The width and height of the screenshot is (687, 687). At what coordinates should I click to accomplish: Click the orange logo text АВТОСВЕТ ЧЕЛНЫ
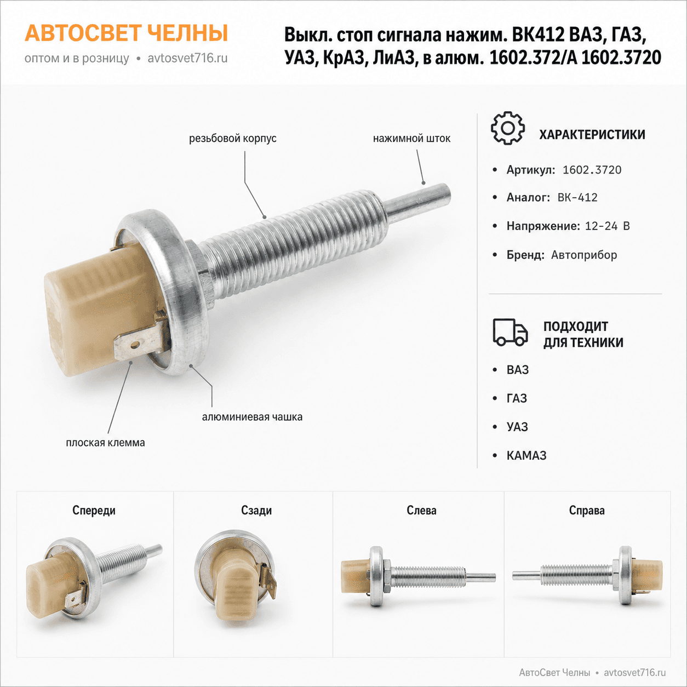tap(126, 33)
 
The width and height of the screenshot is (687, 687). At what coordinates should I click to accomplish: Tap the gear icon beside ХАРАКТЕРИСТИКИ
tap(508, 128)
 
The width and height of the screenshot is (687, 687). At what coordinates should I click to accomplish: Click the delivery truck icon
tap(510, 333)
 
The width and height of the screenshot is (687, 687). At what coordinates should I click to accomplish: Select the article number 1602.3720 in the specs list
tap(592, 170)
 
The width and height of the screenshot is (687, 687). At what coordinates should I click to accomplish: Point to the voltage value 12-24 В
tap(608, 226)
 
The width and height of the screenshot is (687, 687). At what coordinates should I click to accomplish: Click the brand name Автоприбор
tap(584, 255)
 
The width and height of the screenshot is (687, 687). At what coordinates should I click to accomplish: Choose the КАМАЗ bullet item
tap(526, 456)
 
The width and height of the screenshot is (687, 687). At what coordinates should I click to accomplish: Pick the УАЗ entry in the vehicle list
tap(517, 427)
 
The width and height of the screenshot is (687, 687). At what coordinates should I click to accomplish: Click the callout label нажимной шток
tap(412, 138)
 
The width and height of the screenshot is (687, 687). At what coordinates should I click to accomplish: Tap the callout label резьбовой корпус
tap(233, 138)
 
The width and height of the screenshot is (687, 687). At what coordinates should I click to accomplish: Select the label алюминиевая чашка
tap(252, 417)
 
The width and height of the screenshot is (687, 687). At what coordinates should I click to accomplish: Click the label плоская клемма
tap(106, 443)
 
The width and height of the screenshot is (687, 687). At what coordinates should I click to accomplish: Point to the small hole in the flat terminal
tap(135, 345)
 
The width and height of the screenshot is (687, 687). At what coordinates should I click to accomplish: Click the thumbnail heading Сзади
tap(256, 511)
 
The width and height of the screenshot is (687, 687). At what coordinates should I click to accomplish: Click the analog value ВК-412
tap(577, 198)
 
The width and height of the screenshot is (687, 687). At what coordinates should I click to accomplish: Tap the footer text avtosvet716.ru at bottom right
tap(635, 672)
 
